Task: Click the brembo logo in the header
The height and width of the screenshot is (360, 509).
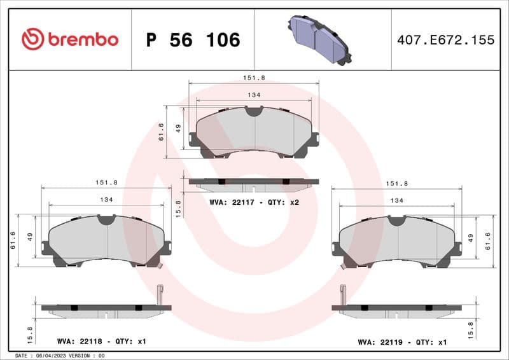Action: pos(69,39)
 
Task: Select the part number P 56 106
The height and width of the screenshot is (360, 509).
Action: pos(193,40)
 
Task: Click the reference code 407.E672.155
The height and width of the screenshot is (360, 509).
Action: pos(445,40)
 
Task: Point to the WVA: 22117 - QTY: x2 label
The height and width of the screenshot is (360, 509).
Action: pos(254,202)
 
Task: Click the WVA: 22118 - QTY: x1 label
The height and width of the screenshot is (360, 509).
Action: pos(101,342)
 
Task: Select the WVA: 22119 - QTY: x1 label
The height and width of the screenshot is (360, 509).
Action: pos(402,342)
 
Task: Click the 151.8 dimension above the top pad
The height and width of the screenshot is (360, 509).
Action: pos(254,78)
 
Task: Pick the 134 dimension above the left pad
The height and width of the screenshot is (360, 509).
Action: pos(106,200)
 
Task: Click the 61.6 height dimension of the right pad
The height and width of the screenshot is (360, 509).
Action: pos(487,241)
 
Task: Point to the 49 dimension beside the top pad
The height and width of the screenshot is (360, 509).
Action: pos(179,127)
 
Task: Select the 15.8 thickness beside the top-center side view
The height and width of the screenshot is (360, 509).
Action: pos(179,208)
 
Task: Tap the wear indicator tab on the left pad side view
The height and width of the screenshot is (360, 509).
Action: pos(160,294)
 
